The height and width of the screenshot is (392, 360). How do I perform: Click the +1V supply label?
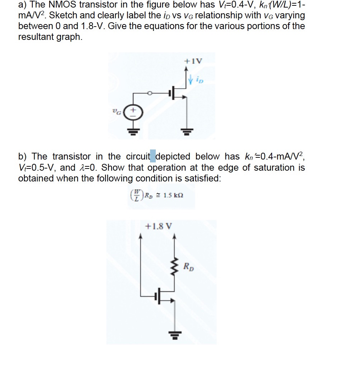click(x=193, y=61)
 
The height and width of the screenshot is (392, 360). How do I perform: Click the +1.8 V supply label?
click(x=158, y=226)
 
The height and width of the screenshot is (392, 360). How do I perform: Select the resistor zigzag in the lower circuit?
click(x=175, y=266)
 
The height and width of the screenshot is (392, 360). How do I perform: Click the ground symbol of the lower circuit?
click(x=175, y=337)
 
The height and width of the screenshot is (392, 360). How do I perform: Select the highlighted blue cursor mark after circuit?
click(x=153, y=157)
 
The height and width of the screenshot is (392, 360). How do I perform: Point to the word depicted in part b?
click(x=173, y=157)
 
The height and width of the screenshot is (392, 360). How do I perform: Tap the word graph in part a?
click(x=70, y=37)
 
